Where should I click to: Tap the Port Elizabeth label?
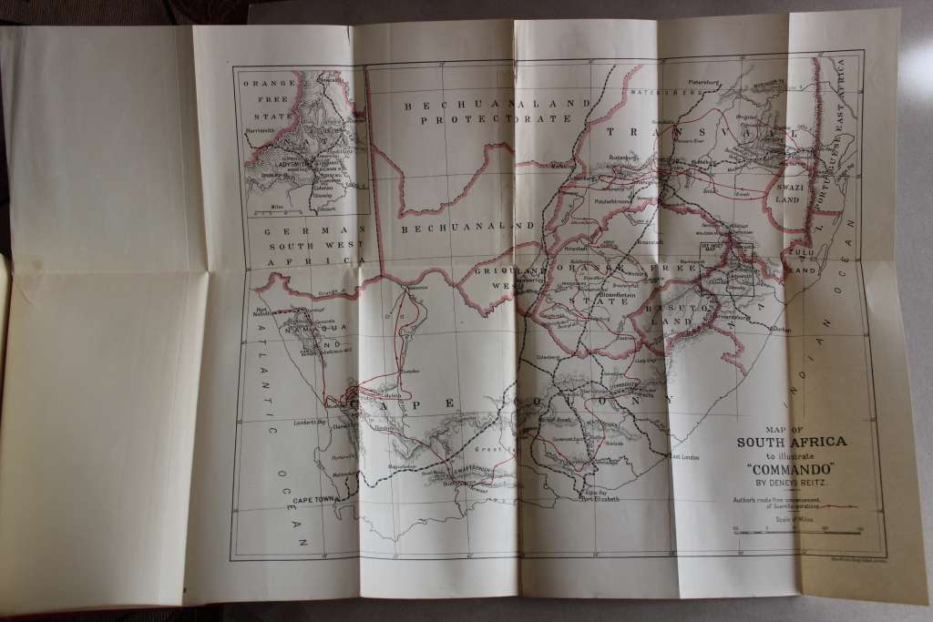click(x=600, y=499)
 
